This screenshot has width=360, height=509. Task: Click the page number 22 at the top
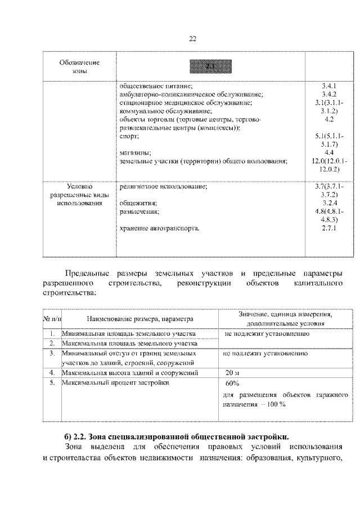click(192, 39)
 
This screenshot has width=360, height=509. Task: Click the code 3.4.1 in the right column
click(329, 87)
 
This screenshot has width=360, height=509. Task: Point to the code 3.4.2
click(329, 95)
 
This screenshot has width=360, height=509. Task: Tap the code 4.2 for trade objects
click(329, 120)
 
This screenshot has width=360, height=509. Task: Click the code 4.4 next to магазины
click(329, 152)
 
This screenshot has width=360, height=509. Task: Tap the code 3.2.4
click(329, 203)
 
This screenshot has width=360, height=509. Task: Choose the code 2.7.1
click(329, 228)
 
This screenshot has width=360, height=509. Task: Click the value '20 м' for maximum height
click(232, 373)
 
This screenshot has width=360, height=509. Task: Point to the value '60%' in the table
click(232, 384)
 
